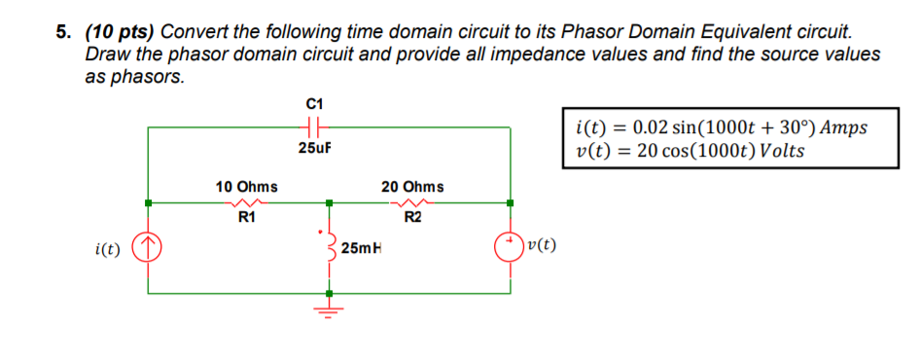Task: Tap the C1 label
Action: (x=313, y=103)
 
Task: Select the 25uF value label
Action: (x=313, y=148)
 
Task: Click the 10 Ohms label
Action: (x=246, y=186)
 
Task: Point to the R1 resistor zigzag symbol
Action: (x=246, y=203)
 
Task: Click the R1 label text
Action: (x=246, y=218)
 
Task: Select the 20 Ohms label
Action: (x=412, y=186)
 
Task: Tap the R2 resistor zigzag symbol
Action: (x=412, y=203)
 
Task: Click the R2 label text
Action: (x=412, y=218)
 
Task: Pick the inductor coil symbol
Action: (x=329, y=248)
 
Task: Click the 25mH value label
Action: (x=362, y=249)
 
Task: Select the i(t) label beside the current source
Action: (x=108, y=249)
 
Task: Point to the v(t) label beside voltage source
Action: (x=541, y=245)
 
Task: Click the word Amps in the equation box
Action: (x=842, y=128)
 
